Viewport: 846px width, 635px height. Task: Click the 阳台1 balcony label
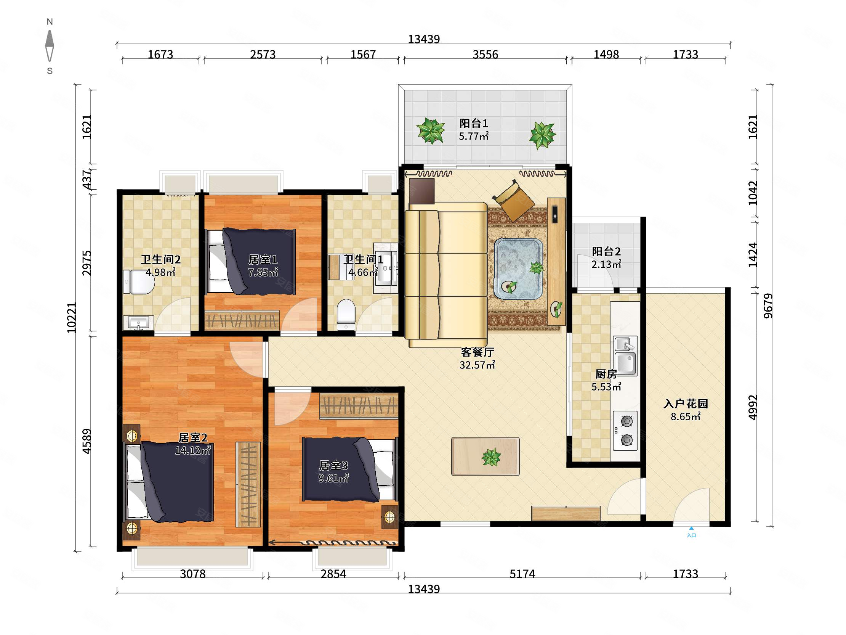(x=473, y=123)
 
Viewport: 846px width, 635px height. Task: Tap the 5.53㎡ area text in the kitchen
(x=606, y=387)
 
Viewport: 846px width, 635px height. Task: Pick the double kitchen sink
(x=625, y=355)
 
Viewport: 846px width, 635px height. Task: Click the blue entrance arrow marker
(x=691, y=528)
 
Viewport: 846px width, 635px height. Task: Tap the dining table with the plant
(x=485, y=457)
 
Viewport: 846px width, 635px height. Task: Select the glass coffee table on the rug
(x=518, y=269)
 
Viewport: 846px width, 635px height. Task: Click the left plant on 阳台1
(x=431, y=130)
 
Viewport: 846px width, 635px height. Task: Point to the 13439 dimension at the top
(x=424, y=39)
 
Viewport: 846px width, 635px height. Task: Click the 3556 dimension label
(x=485, y=55)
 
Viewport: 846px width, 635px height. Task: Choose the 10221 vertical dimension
(x=72, y=317)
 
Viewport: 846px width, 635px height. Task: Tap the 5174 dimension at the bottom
(x=522, y=573)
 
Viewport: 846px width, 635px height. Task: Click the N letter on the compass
(x=50, y=22)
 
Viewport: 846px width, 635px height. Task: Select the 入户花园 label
(x=686, y=404)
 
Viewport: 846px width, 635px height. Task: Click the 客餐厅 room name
(x=477, y=352)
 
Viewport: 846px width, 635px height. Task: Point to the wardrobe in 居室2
(x=248, y=485)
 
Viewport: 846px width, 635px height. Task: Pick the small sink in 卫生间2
(x=138, y=323)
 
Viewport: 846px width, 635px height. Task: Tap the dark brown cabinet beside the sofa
(x=422, y=191)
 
